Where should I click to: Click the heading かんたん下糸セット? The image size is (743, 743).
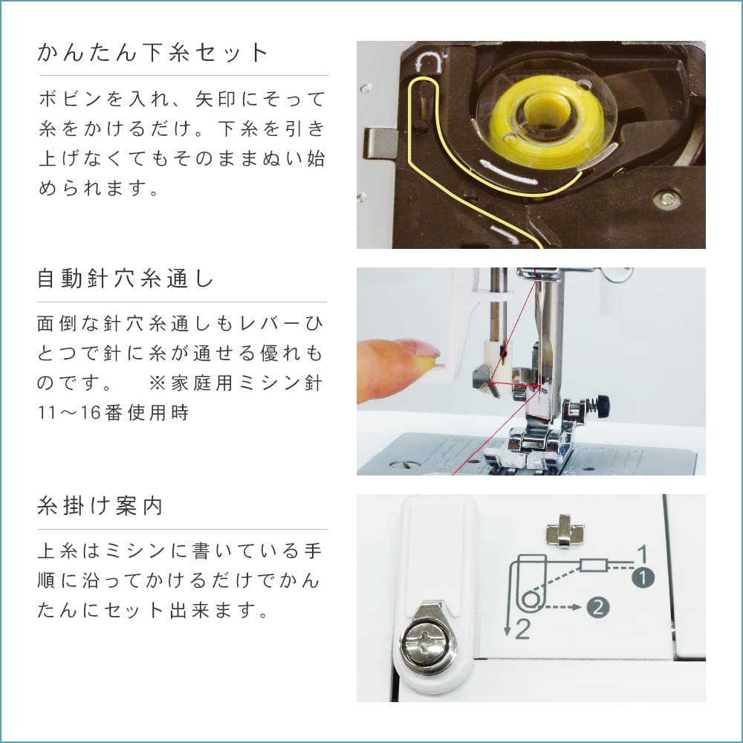tap(152, 53)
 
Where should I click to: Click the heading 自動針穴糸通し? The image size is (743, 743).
tap(126, 280)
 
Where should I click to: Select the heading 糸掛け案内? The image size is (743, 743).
tap(100, 507)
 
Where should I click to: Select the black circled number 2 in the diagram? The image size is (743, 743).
tap(598, 607)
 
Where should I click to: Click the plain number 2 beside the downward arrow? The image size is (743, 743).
tap(523, 631)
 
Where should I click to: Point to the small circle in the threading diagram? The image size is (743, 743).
tap(530, 599)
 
